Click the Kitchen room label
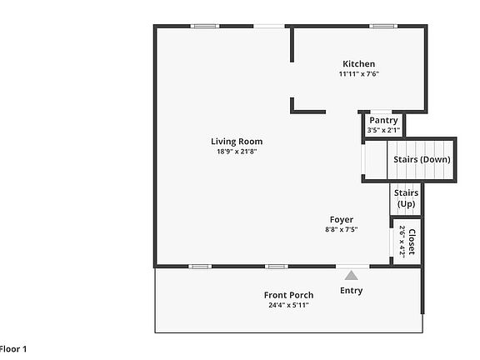359,64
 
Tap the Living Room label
237,142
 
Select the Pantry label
383,120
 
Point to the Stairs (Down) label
422,159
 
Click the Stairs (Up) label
406,198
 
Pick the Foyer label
342,220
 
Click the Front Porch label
288,295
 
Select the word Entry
352,291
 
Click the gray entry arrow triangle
352,275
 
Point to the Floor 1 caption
13,349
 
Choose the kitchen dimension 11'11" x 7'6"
359,74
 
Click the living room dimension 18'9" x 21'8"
237,152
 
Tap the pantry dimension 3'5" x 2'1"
383,130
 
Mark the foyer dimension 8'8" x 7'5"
342,230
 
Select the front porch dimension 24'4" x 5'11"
288,305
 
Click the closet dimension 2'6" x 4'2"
402,242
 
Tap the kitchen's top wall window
382,26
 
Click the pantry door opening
381,112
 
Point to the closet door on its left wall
392,242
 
